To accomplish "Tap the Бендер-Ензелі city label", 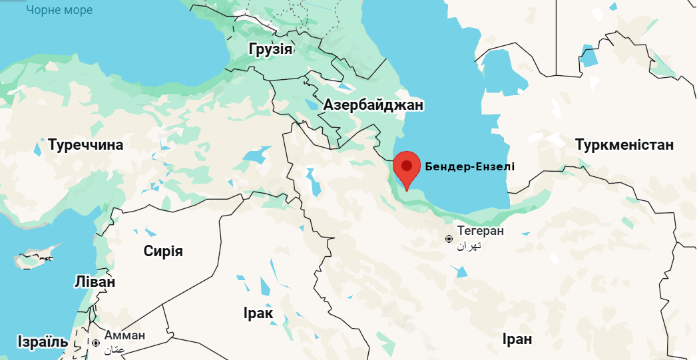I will (470, 166).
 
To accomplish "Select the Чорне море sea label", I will (59, 10).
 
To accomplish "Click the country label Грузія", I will (270, 49).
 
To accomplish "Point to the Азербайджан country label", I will (373, 105).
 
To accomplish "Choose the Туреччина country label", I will (85, 144).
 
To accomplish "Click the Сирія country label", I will (163, 251).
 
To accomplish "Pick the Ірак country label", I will (257, 314).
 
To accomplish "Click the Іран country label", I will (517, 339).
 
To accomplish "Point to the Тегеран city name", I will (481, 232).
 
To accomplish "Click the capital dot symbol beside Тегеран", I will (450, 238).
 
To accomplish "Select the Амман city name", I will (125, 335).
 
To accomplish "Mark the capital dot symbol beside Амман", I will (97, 343).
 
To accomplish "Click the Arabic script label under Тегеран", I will (469, 246).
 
